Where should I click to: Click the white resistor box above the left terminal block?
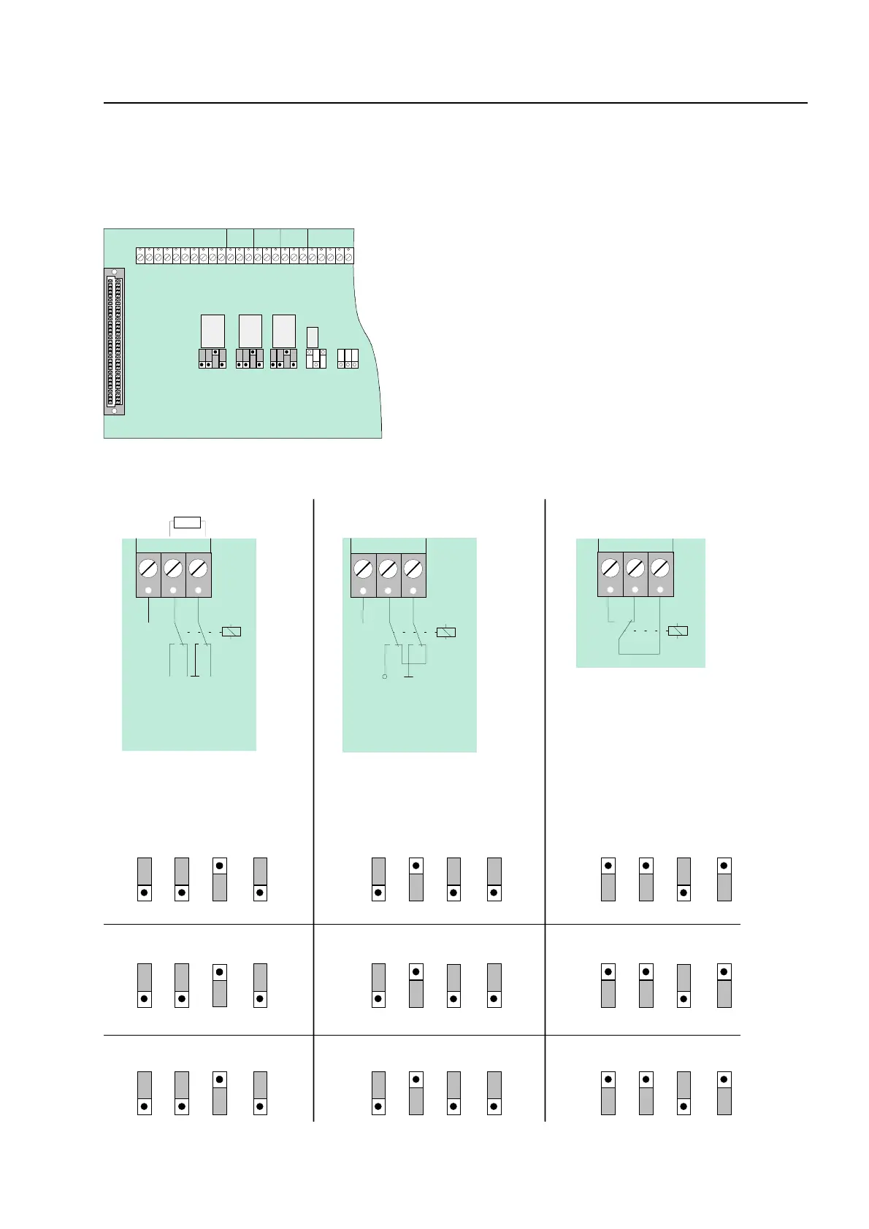click(188, 523)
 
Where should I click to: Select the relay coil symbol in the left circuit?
click(231, 632)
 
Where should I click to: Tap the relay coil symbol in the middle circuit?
click(445, 632)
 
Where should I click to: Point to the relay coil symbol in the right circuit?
click(678, 631)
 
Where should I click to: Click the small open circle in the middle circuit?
click(385, 677)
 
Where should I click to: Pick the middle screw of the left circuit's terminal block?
click(173, 568)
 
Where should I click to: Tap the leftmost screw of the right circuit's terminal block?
click(610, 567)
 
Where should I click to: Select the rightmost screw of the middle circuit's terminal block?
click(413, 568)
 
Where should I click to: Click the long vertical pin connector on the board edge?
click(114, 342)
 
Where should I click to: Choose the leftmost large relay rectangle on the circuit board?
click(213, 331)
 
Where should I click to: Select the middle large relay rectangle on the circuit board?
click(250, 331)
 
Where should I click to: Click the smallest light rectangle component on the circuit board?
click(313, 337)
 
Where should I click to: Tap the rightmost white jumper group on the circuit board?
click(348, 358)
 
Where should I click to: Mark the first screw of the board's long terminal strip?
click(141, 256)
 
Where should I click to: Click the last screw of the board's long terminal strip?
click(348, 256)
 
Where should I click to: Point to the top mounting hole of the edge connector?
click(114, 273)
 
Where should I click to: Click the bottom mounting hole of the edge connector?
click(114, 410)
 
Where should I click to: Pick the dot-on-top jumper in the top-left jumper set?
click(220, 879)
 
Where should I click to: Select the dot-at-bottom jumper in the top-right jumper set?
click(684, 879)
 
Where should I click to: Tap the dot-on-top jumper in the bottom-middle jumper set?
click(416, 1093)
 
